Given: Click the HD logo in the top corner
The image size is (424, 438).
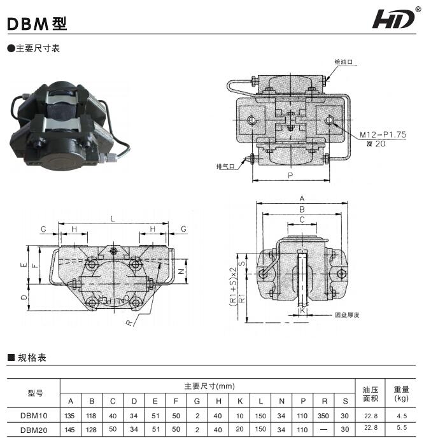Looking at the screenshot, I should pyautogui.click(x=395, y=19).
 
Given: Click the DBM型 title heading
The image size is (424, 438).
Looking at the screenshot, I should pyautogui.click(x=36, y=24).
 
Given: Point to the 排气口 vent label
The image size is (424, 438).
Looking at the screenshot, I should pyautogui.click(x=226, y=167).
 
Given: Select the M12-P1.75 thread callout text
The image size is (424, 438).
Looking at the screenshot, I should pyautogui.click(x=383, y=135).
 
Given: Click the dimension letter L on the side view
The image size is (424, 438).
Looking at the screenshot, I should pyautogui.click(x=113, y=218).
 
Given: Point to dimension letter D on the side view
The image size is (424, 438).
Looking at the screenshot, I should pyautogui.click(x=23, y=297).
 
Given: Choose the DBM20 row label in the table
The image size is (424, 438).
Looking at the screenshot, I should pyautogui.click(x=34, y=430).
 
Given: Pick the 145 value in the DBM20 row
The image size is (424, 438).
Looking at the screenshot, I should pyautogui.click(x=71, y=430).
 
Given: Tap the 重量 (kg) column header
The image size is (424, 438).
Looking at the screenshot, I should pyautogui.click(x=400, y=394).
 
